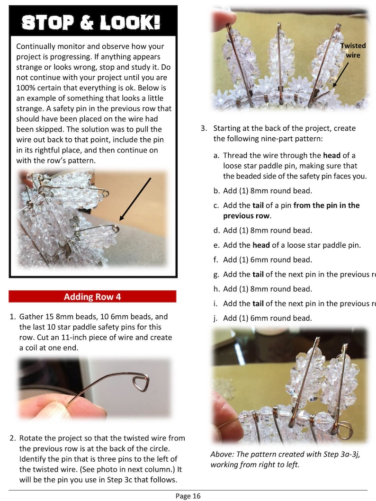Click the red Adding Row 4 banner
click(92, 297)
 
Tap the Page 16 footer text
click(188, 496)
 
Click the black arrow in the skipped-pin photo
click(135, 199)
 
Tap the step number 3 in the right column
click(204, 128)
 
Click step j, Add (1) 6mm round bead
click(267, 318)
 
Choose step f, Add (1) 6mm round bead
click(267, 259)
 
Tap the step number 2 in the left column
click(13, 438)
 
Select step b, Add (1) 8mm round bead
click(267, 191)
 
